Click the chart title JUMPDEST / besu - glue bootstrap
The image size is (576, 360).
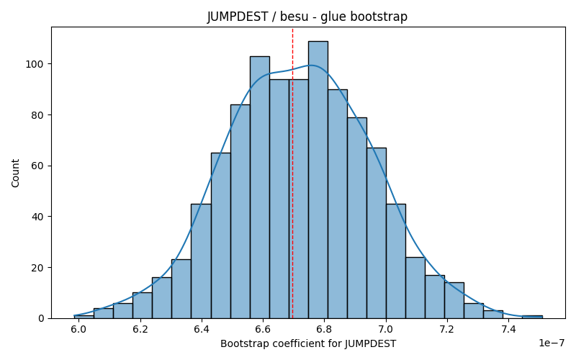[x=307, y=17]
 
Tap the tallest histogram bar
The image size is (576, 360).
[x=318, y=179]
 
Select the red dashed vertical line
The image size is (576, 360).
[x=292, y=173]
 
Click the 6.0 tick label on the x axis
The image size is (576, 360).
[x=78, y=329]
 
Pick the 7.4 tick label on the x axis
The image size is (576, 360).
[x=508, y=329]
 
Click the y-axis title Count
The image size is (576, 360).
[x=15, y=173]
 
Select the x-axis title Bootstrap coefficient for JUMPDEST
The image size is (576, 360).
[x=308, y=344]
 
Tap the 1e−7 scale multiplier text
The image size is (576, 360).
[x=552, y=343]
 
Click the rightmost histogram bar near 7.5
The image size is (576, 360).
[x=532, y=317]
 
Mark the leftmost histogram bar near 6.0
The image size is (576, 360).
[x=84, y=317]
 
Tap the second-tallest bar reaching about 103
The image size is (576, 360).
[x=260, y=187]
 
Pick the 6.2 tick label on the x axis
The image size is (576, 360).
[x=140, y=329]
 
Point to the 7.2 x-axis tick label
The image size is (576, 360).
[x=447, y=329]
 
